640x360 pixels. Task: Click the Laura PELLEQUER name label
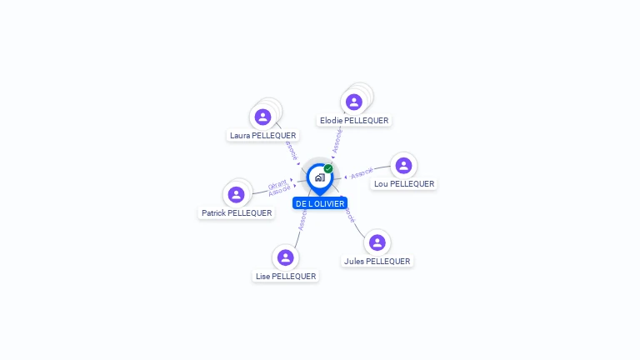[262, 136]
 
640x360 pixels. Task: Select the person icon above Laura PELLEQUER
[263, 117]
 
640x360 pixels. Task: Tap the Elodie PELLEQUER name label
[354, 121]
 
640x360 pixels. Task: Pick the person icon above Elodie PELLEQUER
[354, 102]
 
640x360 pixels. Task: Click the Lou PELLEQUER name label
[404, 184]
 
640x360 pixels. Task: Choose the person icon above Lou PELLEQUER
[403, 165]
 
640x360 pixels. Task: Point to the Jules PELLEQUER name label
[377, 262]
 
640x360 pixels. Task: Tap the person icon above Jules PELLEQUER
[377, 242]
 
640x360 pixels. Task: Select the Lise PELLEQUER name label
[286, 277]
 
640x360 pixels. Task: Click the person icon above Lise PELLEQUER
[286, 257]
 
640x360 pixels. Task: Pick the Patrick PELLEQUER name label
[237, 213]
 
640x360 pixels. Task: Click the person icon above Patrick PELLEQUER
[236, 194]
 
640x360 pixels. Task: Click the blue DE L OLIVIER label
[320, 203]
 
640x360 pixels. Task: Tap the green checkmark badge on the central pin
[328, 169]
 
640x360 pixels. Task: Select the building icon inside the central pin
[319, 177]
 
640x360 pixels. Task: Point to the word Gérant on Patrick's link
[277, 184]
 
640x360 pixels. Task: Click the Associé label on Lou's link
[362, 173]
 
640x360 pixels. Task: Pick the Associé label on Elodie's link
[337, 139]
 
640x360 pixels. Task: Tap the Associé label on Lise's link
[302, 218]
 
